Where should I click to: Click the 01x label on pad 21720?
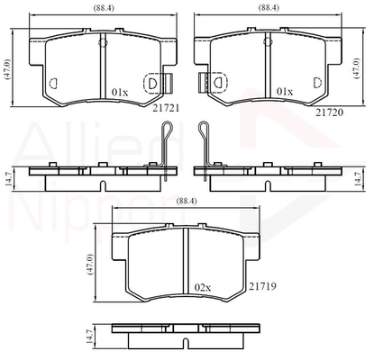coord(285,92)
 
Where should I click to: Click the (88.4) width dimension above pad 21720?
coord(269,8)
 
